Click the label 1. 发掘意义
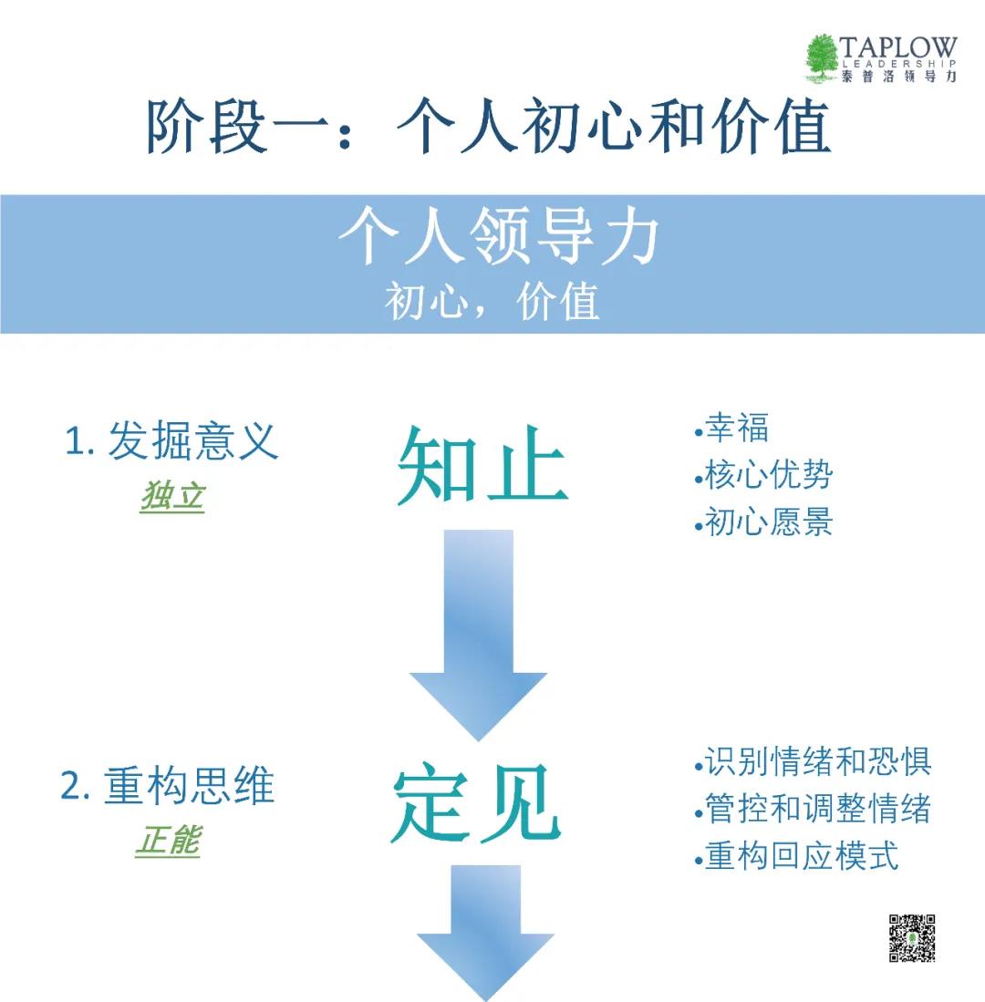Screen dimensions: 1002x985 (171, 442)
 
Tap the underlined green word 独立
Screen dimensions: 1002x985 (172, 496)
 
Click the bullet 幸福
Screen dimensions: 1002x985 (732, 428)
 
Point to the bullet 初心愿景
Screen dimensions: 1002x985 (764, 522)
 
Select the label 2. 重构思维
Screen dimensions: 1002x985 (167, 787)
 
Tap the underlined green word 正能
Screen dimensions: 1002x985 (167, 841)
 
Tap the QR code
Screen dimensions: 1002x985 (912, 937)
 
